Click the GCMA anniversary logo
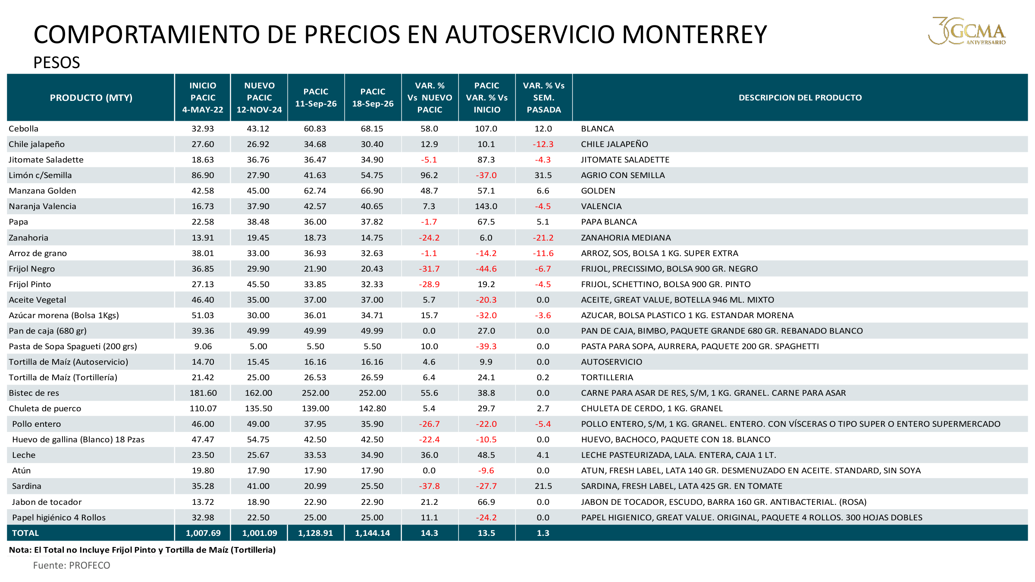967,31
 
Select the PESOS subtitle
56,63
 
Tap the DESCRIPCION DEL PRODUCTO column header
800,98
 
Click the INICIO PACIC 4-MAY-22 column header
203,98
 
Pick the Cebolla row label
24,128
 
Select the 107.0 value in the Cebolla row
486,128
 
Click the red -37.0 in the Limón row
486,175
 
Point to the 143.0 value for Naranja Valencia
486,206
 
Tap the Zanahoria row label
28,238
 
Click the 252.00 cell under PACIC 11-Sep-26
315,393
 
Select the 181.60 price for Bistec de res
203,393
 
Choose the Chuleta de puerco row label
45,408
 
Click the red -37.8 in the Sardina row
429,486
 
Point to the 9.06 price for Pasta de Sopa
203,346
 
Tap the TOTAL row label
25,533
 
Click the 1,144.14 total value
372,533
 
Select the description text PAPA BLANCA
609,222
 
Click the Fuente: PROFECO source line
72,565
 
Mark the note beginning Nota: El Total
142,550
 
